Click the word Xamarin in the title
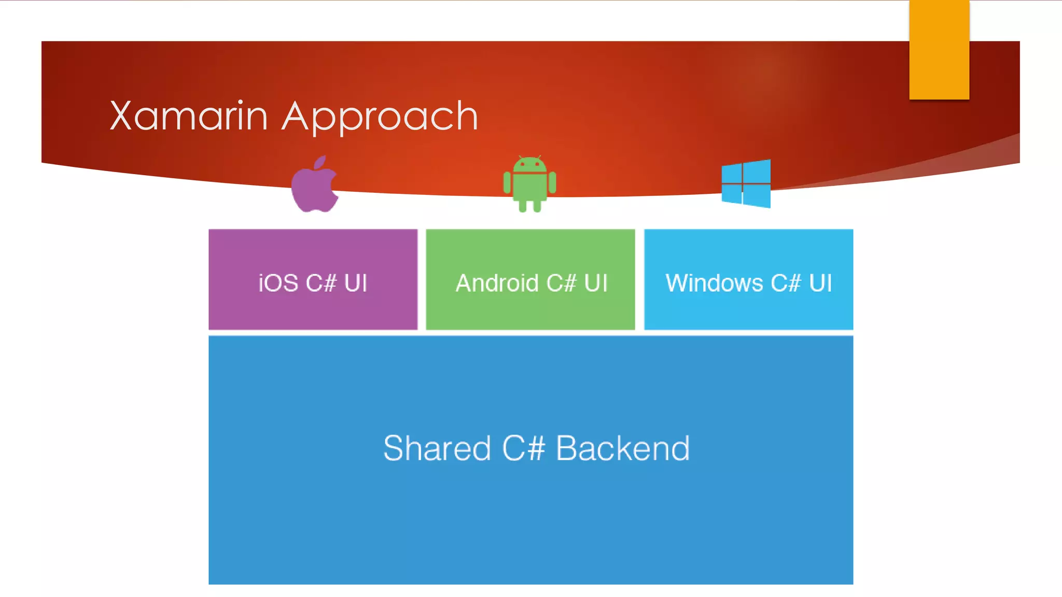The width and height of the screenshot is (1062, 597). [189, 116]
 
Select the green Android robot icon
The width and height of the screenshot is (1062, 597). [529, 184]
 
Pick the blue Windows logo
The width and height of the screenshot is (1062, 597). [746, 183]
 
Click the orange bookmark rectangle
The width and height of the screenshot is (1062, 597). [939, 50]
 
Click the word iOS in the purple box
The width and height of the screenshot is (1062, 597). [278, 283]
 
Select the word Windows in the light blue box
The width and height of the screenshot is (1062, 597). [714, 283]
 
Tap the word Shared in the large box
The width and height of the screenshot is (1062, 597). [437, 448]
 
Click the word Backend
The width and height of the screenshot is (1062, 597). [622, 448]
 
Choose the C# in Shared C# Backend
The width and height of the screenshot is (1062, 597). [523, 448]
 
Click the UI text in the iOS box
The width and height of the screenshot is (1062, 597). [355, 283]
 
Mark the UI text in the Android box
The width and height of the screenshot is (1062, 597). [595, 283]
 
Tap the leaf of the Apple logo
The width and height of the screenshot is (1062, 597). [320, 162]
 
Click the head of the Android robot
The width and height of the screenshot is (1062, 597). [529, 165]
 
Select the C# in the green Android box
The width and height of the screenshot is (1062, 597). [561, 283]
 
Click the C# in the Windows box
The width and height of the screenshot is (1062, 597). [786, 283]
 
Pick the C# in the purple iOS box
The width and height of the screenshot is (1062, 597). [321, 283]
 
